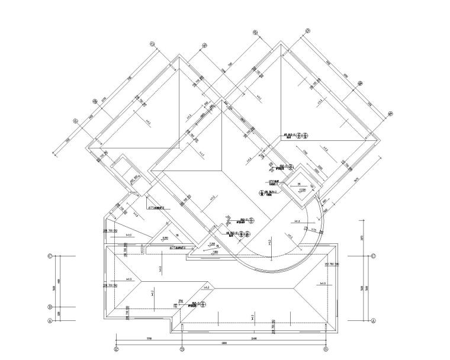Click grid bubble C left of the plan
(x=50, y=256)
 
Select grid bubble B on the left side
(x=50, y=307)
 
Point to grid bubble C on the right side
(x=374, y=256)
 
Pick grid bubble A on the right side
(x=374, y=320)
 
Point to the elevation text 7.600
(x=215, y=251)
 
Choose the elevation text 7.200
(x=211, y=244)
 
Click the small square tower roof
(x=299, y=185)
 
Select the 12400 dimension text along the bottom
(x=253, y=338)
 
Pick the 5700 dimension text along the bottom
(x=149, y=338)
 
